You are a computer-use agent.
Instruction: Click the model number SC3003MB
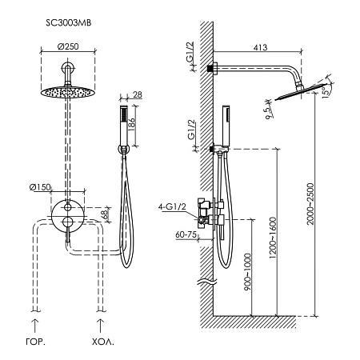[69, 23]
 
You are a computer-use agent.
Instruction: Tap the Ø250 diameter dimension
[68, 46]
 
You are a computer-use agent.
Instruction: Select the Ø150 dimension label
[40, 187]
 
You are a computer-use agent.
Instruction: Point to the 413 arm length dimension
[260, 47]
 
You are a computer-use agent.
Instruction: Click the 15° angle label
[326, 92]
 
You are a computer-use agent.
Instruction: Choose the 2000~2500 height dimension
[310, 204]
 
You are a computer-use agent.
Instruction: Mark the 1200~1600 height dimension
[273, 238]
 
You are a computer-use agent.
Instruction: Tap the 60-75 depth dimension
[186, 234]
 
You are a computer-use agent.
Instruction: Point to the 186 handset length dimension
[132, 124]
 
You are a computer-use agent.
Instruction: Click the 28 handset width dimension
[137, 94]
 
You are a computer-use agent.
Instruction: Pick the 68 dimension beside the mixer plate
[105, 214]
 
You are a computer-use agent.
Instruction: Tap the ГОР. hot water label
[35, 342]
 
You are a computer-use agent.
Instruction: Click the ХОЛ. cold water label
[103, 342]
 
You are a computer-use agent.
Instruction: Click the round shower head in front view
[68, 92]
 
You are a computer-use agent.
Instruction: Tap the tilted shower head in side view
[302, 92]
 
